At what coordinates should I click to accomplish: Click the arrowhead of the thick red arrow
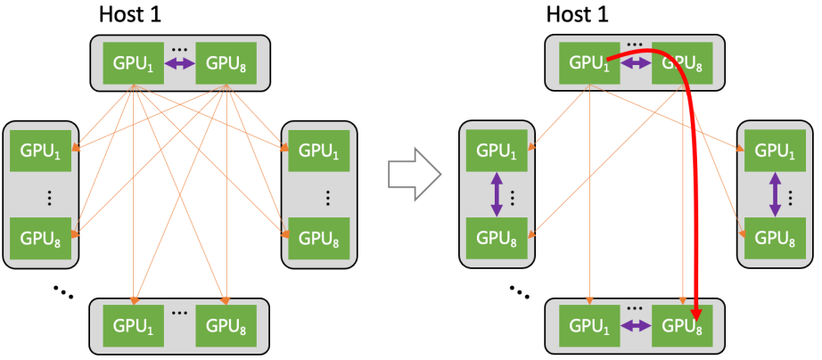[x=696, y=314]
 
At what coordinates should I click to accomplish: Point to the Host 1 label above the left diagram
[x=135, y=14]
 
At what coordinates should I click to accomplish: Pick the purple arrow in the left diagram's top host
[x=180, y=63]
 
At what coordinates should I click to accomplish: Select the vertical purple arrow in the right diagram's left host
[x=497, y=193]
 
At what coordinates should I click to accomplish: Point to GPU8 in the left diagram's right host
[x=318, y=239]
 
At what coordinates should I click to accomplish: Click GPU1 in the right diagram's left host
[x=497, y=151]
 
